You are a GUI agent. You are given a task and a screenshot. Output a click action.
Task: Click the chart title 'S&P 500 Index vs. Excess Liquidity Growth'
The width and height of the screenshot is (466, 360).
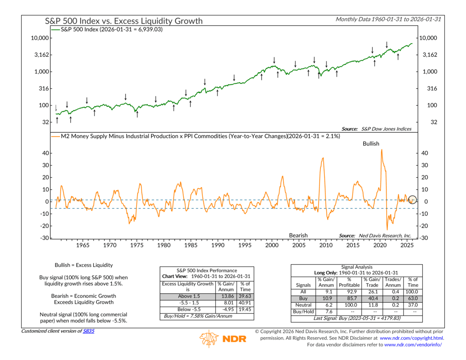124,21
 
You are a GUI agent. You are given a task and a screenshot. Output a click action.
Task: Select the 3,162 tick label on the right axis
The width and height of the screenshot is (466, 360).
426,55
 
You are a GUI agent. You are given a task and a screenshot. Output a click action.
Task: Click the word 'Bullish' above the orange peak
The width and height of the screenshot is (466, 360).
371,143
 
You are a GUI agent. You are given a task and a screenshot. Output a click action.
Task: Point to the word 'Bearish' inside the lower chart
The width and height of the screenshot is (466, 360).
298,235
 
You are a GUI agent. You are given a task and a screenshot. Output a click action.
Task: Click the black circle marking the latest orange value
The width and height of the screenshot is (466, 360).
413,200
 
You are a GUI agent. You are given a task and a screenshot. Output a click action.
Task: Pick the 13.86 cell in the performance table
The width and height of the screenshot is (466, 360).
225,296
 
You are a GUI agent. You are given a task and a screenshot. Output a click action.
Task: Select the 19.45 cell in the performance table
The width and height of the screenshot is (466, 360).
245,309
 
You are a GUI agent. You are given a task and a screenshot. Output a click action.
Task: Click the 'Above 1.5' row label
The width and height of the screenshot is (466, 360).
187,296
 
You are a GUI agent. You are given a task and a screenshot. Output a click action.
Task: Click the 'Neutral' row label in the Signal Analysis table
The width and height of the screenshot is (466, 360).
304,305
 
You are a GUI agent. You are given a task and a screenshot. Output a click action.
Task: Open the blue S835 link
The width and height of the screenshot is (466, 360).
89,331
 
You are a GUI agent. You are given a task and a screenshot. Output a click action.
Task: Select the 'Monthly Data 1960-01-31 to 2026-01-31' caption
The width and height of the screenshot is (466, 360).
388,19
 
